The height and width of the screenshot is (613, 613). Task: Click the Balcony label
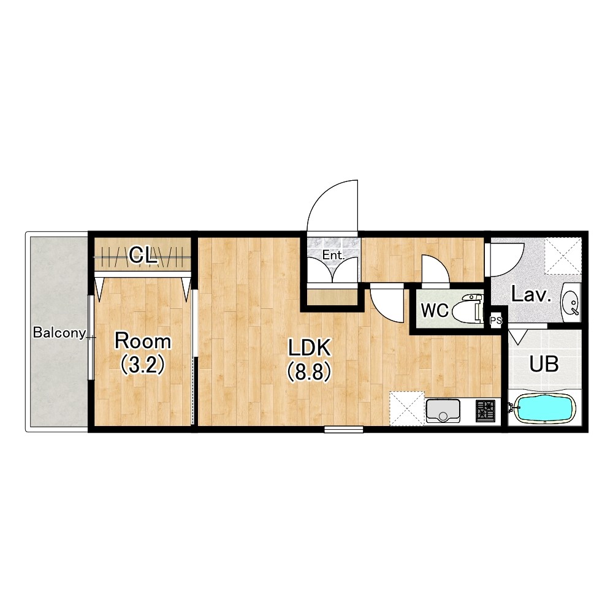59,333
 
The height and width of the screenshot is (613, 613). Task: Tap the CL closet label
143,256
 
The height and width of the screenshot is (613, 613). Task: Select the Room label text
143,341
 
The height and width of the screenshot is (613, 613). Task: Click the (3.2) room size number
143,365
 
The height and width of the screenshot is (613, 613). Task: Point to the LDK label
310,348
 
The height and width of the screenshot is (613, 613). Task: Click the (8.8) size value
310,371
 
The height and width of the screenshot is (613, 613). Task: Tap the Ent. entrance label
333,256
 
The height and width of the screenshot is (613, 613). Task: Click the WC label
435,311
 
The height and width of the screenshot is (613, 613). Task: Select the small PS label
496,321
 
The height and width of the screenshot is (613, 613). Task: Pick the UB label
544,364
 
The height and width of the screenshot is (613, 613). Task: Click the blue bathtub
544,408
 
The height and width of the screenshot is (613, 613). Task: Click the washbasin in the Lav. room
571,303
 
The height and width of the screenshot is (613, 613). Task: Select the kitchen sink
443,411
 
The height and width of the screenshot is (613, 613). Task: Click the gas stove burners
485,411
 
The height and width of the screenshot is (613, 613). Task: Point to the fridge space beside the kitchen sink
407,408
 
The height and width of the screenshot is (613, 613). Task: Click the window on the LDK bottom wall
344,429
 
